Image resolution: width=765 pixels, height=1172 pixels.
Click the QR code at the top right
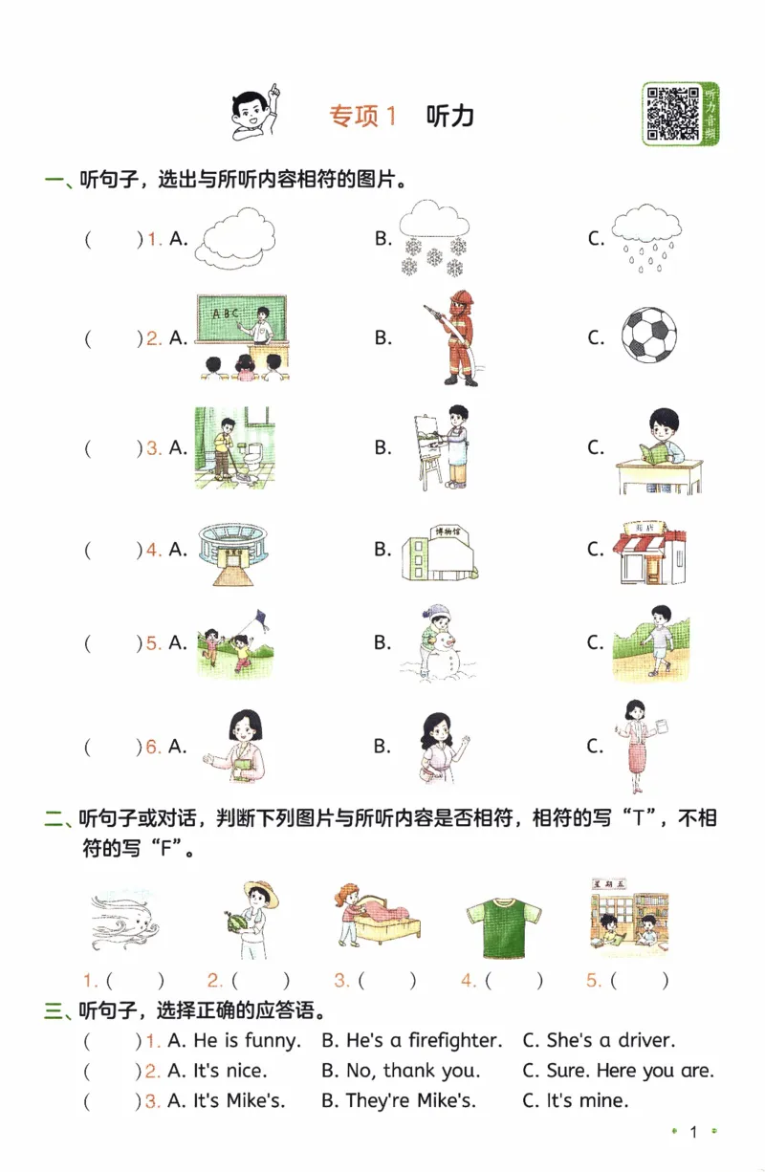tap(672, 114)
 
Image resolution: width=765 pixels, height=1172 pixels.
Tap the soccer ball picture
tap(648, 335)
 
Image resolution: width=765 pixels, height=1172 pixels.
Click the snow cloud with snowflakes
tap(433, 236)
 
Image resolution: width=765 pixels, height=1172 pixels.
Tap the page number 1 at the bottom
tap(693, 1133)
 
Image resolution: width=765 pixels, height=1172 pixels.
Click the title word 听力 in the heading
tap(449, 116)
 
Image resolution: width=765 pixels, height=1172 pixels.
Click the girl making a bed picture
tap(376, 915)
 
